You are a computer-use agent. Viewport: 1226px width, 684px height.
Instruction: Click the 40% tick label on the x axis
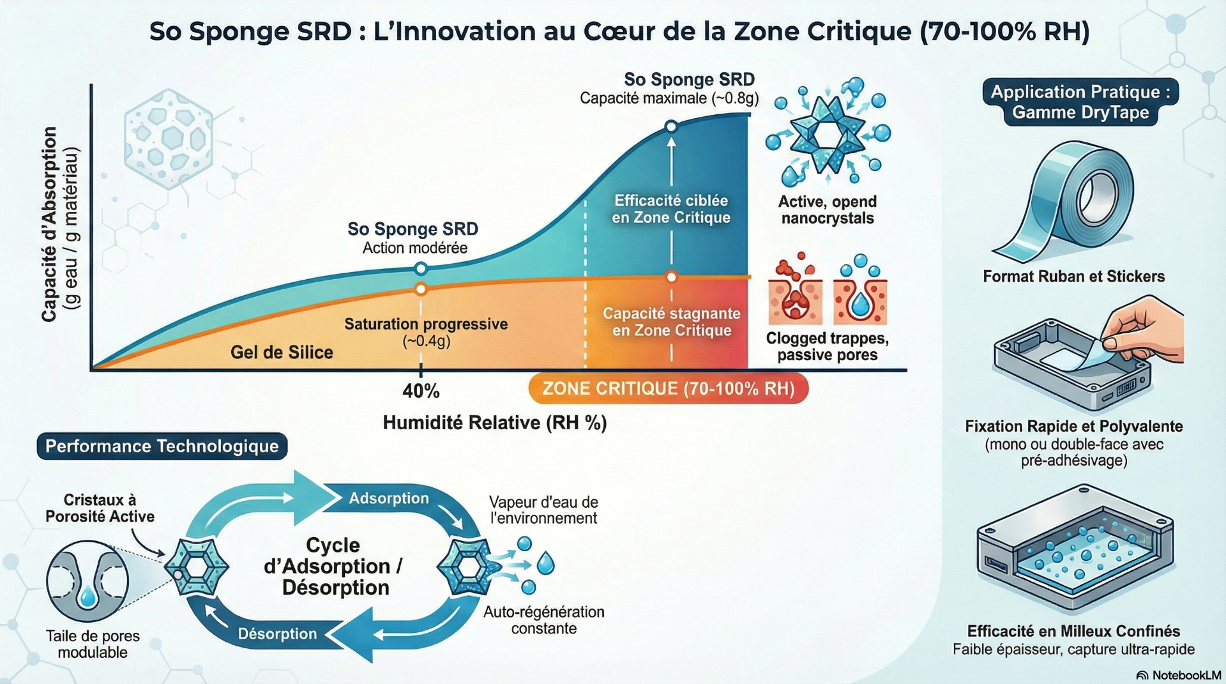[x=421, y=391]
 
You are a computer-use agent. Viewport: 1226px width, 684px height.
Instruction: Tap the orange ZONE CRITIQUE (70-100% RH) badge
[x=668, y=389]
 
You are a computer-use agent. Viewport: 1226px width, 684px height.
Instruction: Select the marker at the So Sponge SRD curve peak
[x=671, y=126]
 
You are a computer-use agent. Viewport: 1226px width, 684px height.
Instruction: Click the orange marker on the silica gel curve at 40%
[x=420, y=289]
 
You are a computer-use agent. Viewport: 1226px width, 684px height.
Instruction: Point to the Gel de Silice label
[x=282, y=352]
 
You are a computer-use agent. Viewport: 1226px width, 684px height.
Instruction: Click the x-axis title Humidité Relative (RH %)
[x=494, y=423]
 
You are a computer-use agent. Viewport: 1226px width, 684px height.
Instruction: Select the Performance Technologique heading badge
[x=162, y=446]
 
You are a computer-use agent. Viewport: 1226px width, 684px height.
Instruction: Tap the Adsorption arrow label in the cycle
[x=388, y=498]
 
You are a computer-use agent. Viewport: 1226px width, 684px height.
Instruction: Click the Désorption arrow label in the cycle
[x=277, y=634]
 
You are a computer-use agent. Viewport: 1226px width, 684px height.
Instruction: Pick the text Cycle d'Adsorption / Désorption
[x=333, y=566]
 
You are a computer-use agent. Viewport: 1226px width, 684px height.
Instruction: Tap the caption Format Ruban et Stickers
[x=1073, y=277]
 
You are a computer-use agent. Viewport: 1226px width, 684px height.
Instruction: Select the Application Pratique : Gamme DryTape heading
[x=1080, y=102]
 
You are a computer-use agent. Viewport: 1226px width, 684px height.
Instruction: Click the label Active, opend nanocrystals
[x=827, y=210]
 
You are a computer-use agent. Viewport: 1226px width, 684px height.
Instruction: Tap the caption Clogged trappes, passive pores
[x=827, y=347]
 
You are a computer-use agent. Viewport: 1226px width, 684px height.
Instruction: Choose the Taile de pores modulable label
[x=93, y=644]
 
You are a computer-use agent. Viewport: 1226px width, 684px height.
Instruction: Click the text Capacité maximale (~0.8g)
[x=669, y=98]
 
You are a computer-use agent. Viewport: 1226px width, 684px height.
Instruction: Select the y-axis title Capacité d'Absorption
[x=50, y=224]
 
